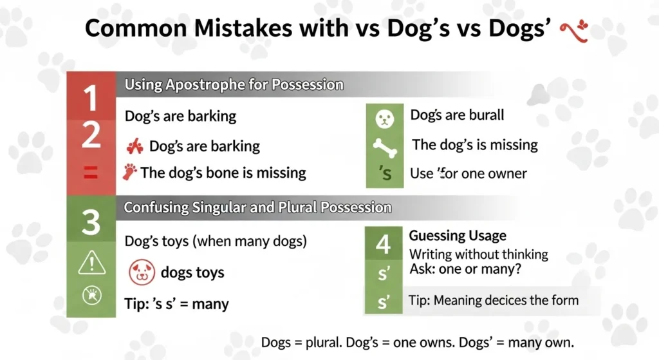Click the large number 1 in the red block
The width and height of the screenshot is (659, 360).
(91, 99)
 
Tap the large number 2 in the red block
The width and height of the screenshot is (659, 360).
(91, 136)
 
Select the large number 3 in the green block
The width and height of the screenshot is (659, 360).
(91, 223)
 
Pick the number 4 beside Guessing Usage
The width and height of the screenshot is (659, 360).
(383, 245)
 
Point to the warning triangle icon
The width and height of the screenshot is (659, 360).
(91, 262)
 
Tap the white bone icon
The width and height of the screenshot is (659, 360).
(384, 146)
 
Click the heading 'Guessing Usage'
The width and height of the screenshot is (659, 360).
(458, 236)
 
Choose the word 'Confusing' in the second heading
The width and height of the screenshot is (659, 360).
(156, 208)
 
